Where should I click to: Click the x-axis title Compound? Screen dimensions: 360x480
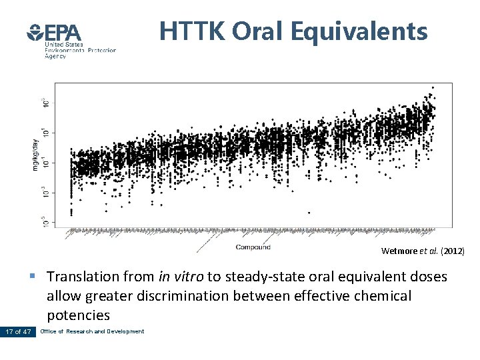click(253, 247)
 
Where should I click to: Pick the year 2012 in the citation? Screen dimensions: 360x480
click(453, 251)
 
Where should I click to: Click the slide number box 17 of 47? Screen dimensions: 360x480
click(17, 331)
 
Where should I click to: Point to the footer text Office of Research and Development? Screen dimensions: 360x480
click(92, 331)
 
